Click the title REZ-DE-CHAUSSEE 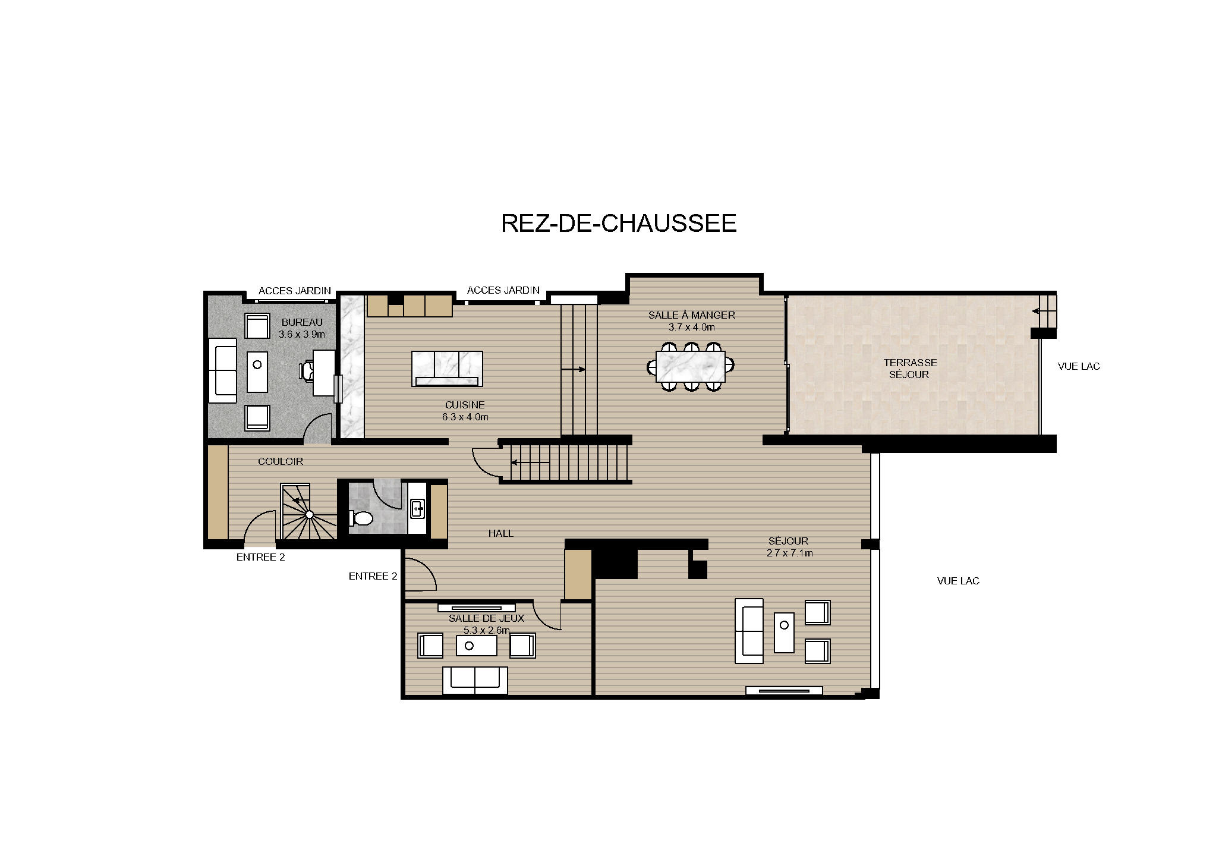(x=619, y=224)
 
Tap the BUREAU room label (x=302, y=322)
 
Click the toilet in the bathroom (x=361, y=518)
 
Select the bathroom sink (x=417, y=508)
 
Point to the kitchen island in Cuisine (x=447, y=368)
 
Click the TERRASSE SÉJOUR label (x=909, y=368)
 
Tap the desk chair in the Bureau (x=307, y=370)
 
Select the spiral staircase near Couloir (x=308, y=513)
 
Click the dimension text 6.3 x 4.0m (x=465, y=417)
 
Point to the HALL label (x=500, y=533)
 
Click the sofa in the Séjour (x=749, y=631)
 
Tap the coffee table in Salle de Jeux (x=476, y=646)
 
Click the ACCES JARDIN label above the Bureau (x=294, y=291)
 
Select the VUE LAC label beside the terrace (x=1078, y=366)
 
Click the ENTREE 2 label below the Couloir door (x=260, y=557)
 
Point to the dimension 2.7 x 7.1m (x=789, y=553)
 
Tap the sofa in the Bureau (x=222, y=370)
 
